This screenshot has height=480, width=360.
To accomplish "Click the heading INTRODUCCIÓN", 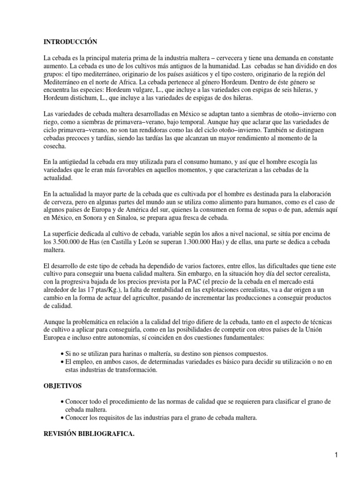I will [70, 42].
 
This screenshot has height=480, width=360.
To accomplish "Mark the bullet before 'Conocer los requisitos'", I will [63, 418].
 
